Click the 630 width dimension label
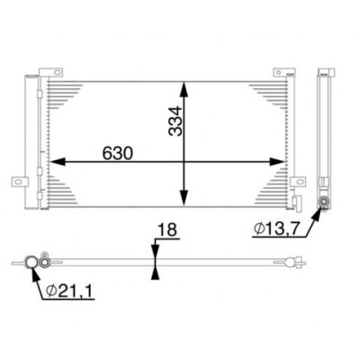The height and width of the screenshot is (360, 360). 117,153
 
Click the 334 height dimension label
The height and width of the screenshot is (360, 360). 175,121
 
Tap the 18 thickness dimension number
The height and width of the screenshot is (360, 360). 167,230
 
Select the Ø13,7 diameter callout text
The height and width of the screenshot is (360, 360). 276,229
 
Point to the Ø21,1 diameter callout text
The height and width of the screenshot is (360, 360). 69,291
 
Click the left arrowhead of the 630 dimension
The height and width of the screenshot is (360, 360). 57,162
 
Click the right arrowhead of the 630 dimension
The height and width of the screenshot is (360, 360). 276,162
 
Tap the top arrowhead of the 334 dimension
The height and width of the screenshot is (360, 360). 184,89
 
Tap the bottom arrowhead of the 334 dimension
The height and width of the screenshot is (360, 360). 184,198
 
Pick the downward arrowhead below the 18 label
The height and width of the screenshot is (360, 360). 155,251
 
